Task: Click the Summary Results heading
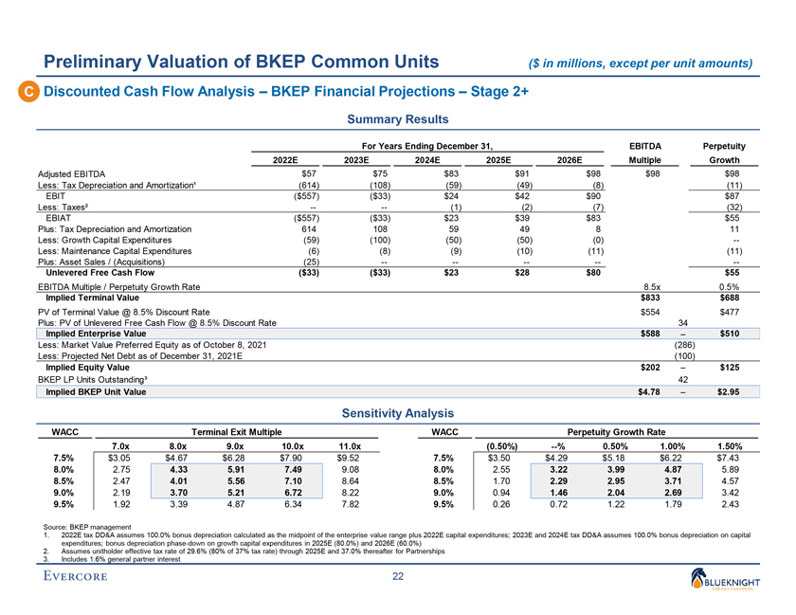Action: click(397, 121)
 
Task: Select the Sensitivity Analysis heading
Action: click(397, 413)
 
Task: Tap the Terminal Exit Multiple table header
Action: click(234, 431)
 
